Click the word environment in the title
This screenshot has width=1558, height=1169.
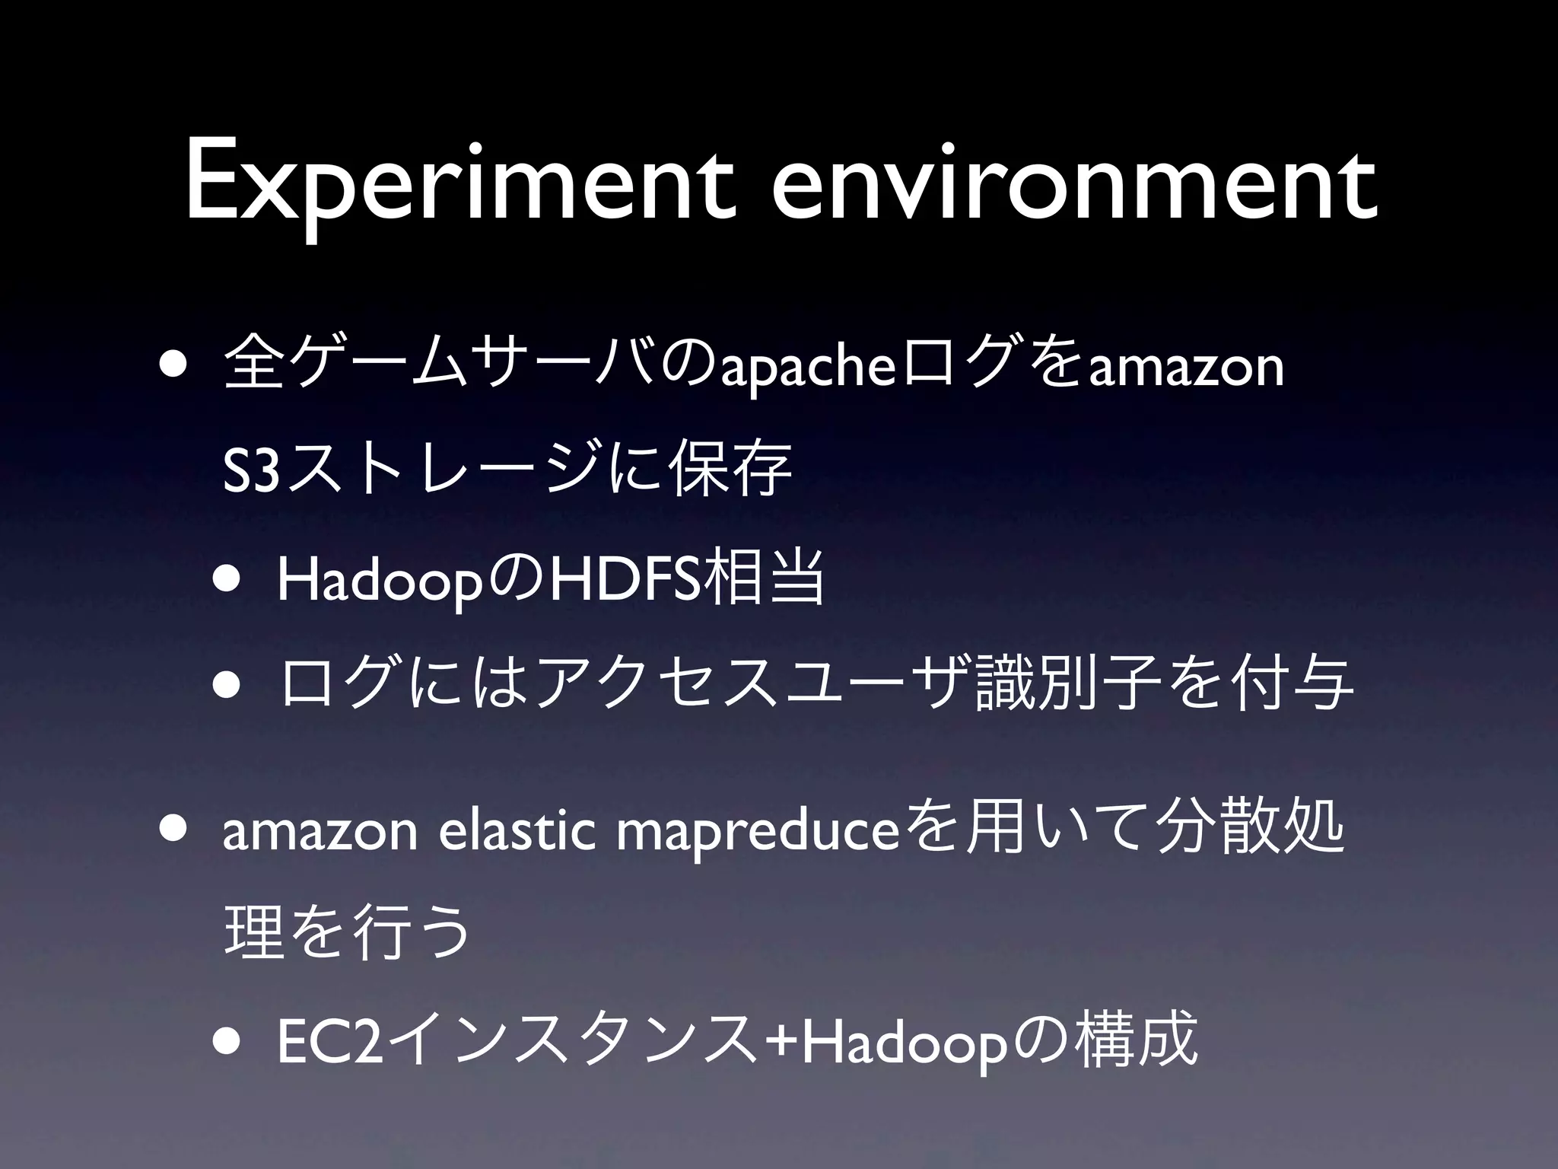[1073, 186]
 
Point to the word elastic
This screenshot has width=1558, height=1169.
[517, 834]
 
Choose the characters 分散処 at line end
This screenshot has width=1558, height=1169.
[1248, 833]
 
